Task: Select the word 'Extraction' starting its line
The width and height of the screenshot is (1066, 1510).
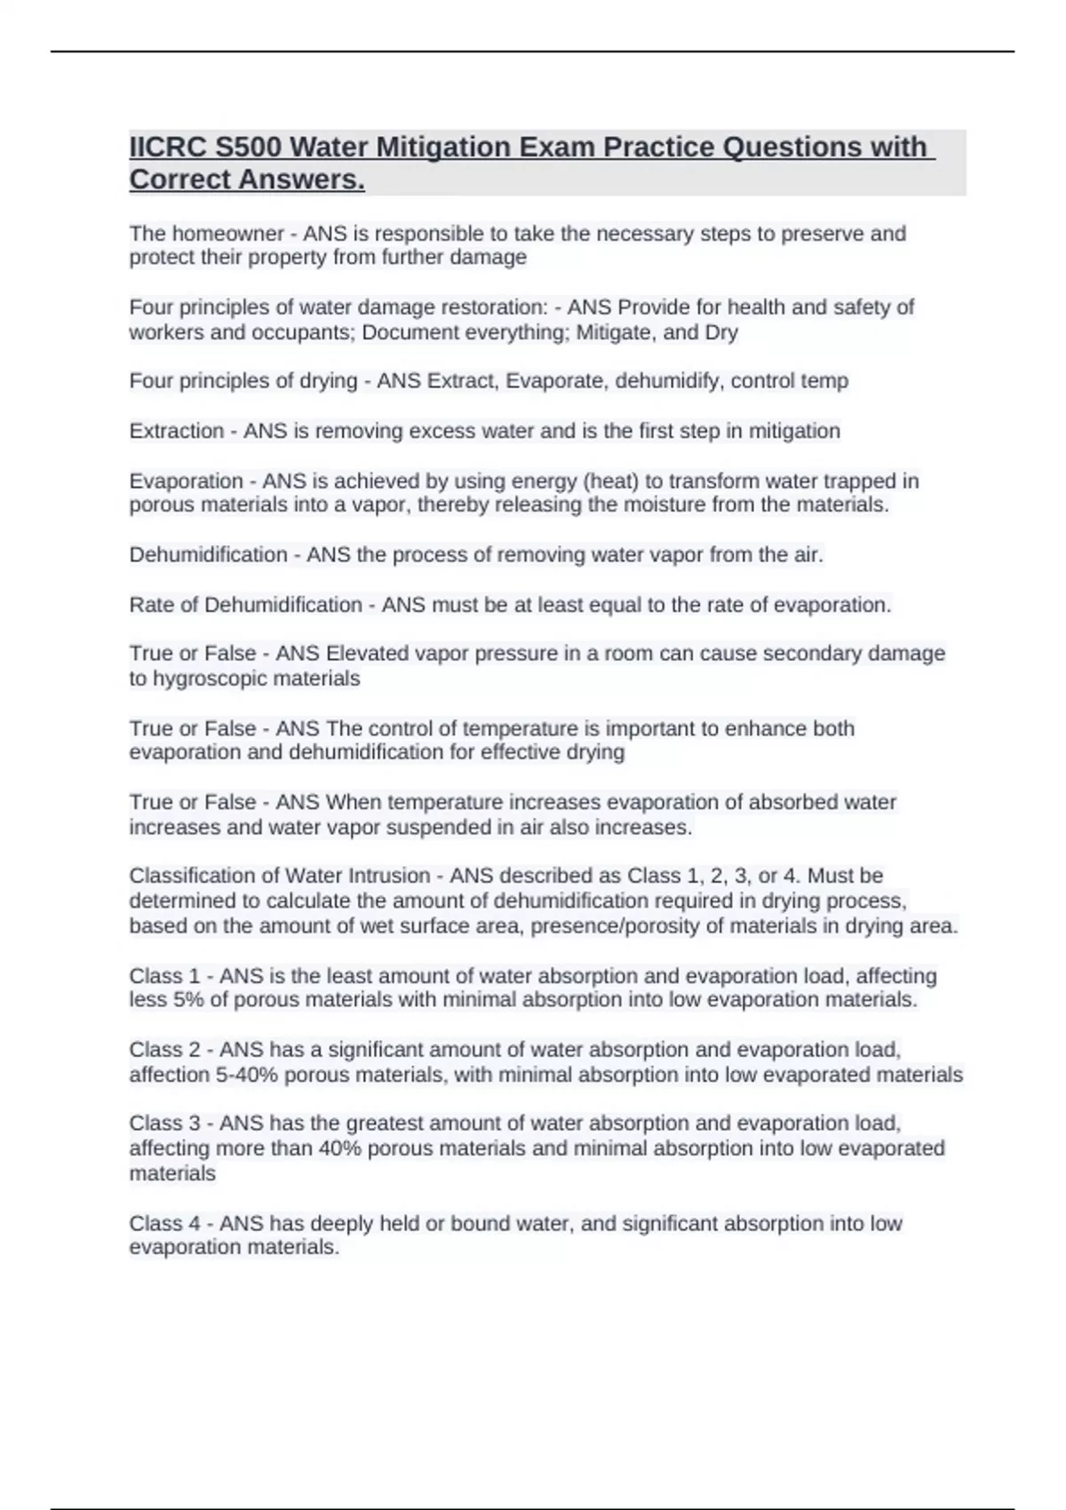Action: [x=176, y=431]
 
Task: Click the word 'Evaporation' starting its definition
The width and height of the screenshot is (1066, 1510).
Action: [x=186, y=481]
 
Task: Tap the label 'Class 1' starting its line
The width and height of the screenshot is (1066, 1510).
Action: [x=164, y=975]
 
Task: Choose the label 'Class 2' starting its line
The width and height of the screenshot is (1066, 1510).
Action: [x=164, y=1050]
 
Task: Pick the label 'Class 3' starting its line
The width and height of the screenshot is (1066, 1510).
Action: [x=164, y=1124]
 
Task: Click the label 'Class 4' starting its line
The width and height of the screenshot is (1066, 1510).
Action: [x=164, y=1223]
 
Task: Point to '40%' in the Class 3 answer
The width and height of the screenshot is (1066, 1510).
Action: [x=339, y=1148]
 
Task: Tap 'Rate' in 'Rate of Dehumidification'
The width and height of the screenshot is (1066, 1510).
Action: [x=151, y=605]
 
